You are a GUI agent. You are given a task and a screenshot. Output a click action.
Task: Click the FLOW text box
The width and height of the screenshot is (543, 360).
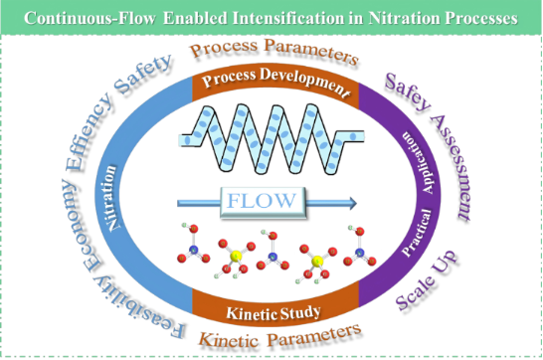point(263,202)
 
